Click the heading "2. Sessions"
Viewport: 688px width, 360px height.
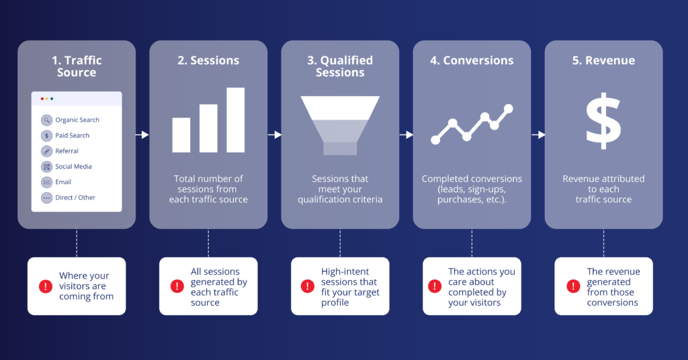click(208, 60)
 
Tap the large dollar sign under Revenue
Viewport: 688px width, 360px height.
click(603, 121)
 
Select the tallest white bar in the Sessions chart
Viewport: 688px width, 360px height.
click(236, 120)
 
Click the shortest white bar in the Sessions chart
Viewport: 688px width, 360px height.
click(181, 135)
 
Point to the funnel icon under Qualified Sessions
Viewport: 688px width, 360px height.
click(340, 126)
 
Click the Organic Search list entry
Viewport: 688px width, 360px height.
click(70, 120)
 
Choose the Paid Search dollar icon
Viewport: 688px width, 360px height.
click(46, 136)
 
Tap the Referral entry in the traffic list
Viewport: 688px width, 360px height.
click(60, 151)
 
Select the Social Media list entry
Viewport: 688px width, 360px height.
click(67, 167)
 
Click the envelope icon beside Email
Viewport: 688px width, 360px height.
click(46, 182)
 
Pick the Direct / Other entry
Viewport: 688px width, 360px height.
click(68, 197)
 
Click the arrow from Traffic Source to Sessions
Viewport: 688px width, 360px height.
click(142, 134)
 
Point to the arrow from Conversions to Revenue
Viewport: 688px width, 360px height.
click(538, 134)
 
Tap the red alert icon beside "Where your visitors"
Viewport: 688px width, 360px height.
click(46, 286)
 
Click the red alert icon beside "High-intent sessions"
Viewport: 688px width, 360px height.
click(308, 286)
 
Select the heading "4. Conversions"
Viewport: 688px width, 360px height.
click(472, 60)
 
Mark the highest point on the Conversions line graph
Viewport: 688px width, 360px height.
click(509, 108)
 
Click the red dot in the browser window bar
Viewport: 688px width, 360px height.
click(42, 99)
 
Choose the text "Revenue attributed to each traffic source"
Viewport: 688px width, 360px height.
click(603, 189)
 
